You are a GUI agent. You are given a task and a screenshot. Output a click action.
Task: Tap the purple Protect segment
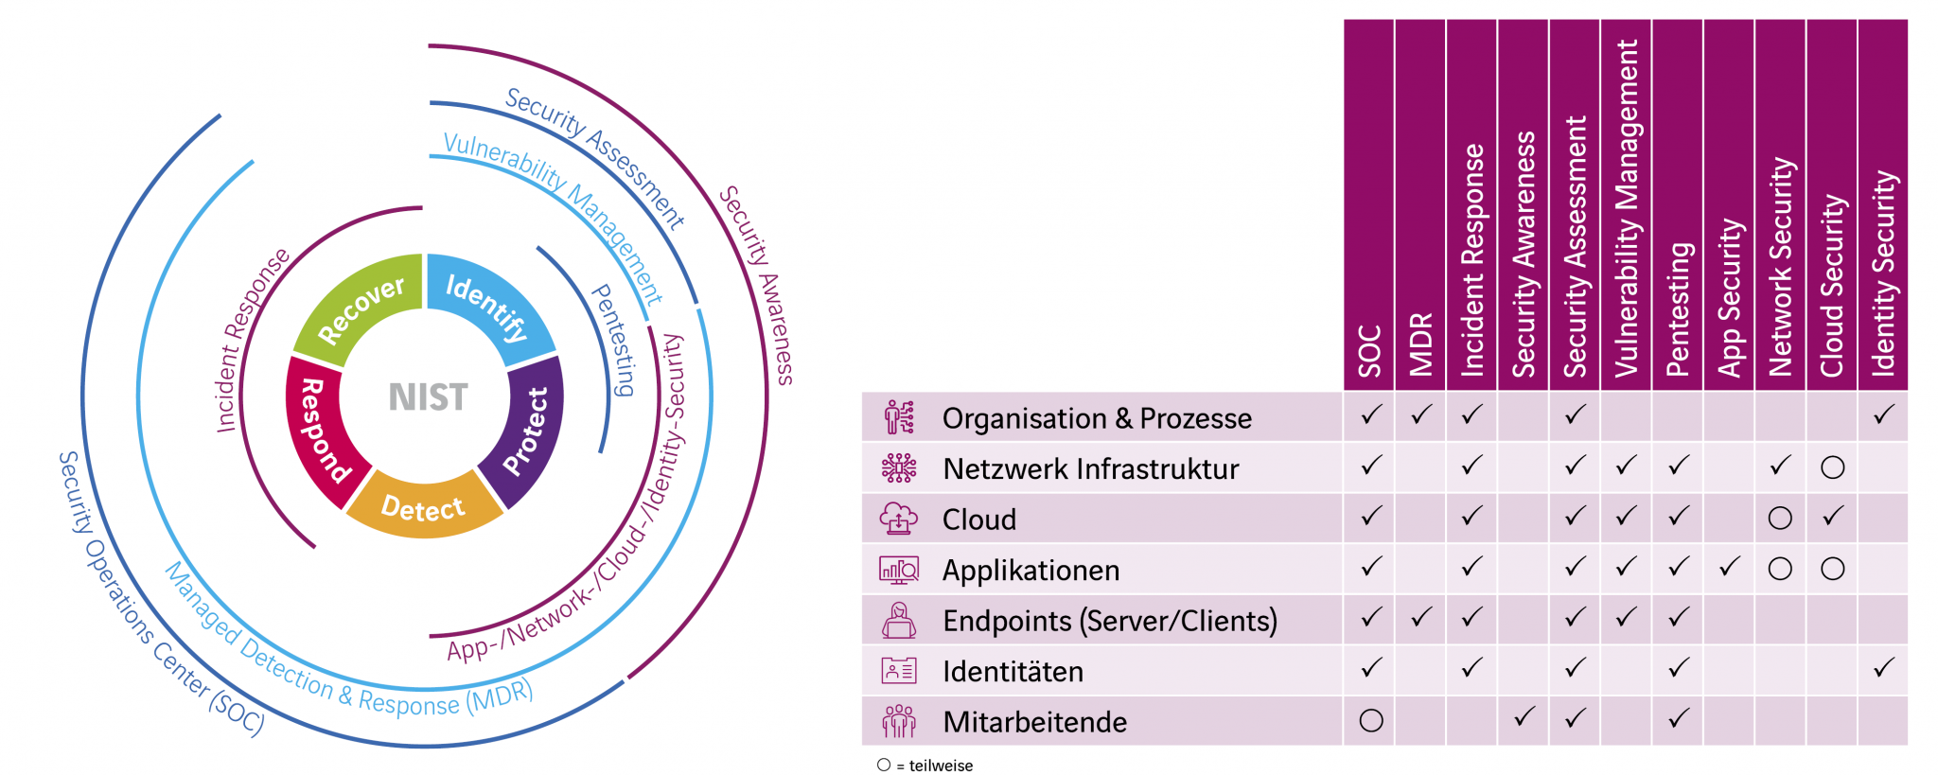coord(525,431)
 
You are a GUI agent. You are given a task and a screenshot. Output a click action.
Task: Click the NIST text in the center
coord(428,396)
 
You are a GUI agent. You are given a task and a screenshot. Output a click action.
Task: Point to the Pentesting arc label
coord(614,339)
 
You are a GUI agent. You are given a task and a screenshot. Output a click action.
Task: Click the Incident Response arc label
coord(251,341)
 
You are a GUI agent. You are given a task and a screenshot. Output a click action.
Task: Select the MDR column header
coord(1420,344)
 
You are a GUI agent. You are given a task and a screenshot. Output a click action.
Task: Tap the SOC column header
coord(1369,350)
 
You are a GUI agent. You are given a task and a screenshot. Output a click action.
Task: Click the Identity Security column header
coord(1883,274)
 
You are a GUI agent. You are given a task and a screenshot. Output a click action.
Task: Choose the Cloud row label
coord(978,520)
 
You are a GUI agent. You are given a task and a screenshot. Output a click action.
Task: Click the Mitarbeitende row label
coord(1034,722)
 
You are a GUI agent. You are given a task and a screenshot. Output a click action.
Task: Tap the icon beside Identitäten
coord(898,671)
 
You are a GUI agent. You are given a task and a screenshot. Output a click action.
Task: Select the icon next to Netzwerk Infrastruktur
coord(898,468)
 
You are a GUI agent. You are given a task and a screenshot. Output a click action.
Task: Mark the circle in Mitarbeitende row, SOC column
coord(1370,721)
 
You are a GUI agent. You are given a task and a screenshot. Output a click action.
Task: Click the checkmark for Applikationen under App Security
coord(1729,568)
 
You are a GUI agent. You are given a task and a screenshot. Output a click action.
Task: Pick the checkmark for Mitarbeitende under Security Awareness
coord(1524,718)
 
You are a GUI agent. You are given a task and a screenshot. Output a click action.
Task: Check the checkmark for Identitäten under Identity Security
coord(1883,668)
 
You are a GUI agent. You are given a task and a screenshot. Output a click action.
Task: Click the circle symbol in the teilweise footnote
coord(884,765)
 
